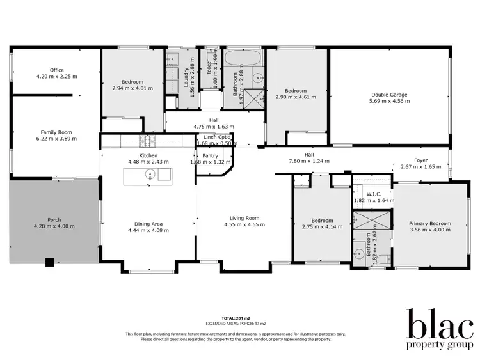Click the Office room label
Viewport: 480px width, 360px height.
pos(57,70)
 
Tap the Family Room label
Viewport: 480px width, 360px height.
pos(57,132)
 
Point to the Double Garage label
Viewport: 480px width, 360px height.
pos(389,95)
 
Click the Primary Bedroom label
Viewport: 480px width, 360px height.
pos(430,224)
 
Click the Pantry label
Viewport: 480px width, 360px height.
pos(210,155)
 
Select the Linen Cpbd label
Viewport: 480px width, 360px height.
pos(216,137)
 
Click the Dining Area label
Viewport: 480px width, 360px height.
pos(148,224)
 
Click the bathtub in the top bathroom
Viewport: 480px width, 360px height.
pos(243,58)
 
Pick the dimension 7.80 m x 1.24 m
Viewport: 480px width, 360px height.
pos(308,161)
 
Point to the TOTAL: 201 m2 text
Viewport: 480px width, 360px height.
pos(235,318)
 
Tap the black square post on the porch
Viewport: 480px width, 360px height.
pos(49,262)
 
